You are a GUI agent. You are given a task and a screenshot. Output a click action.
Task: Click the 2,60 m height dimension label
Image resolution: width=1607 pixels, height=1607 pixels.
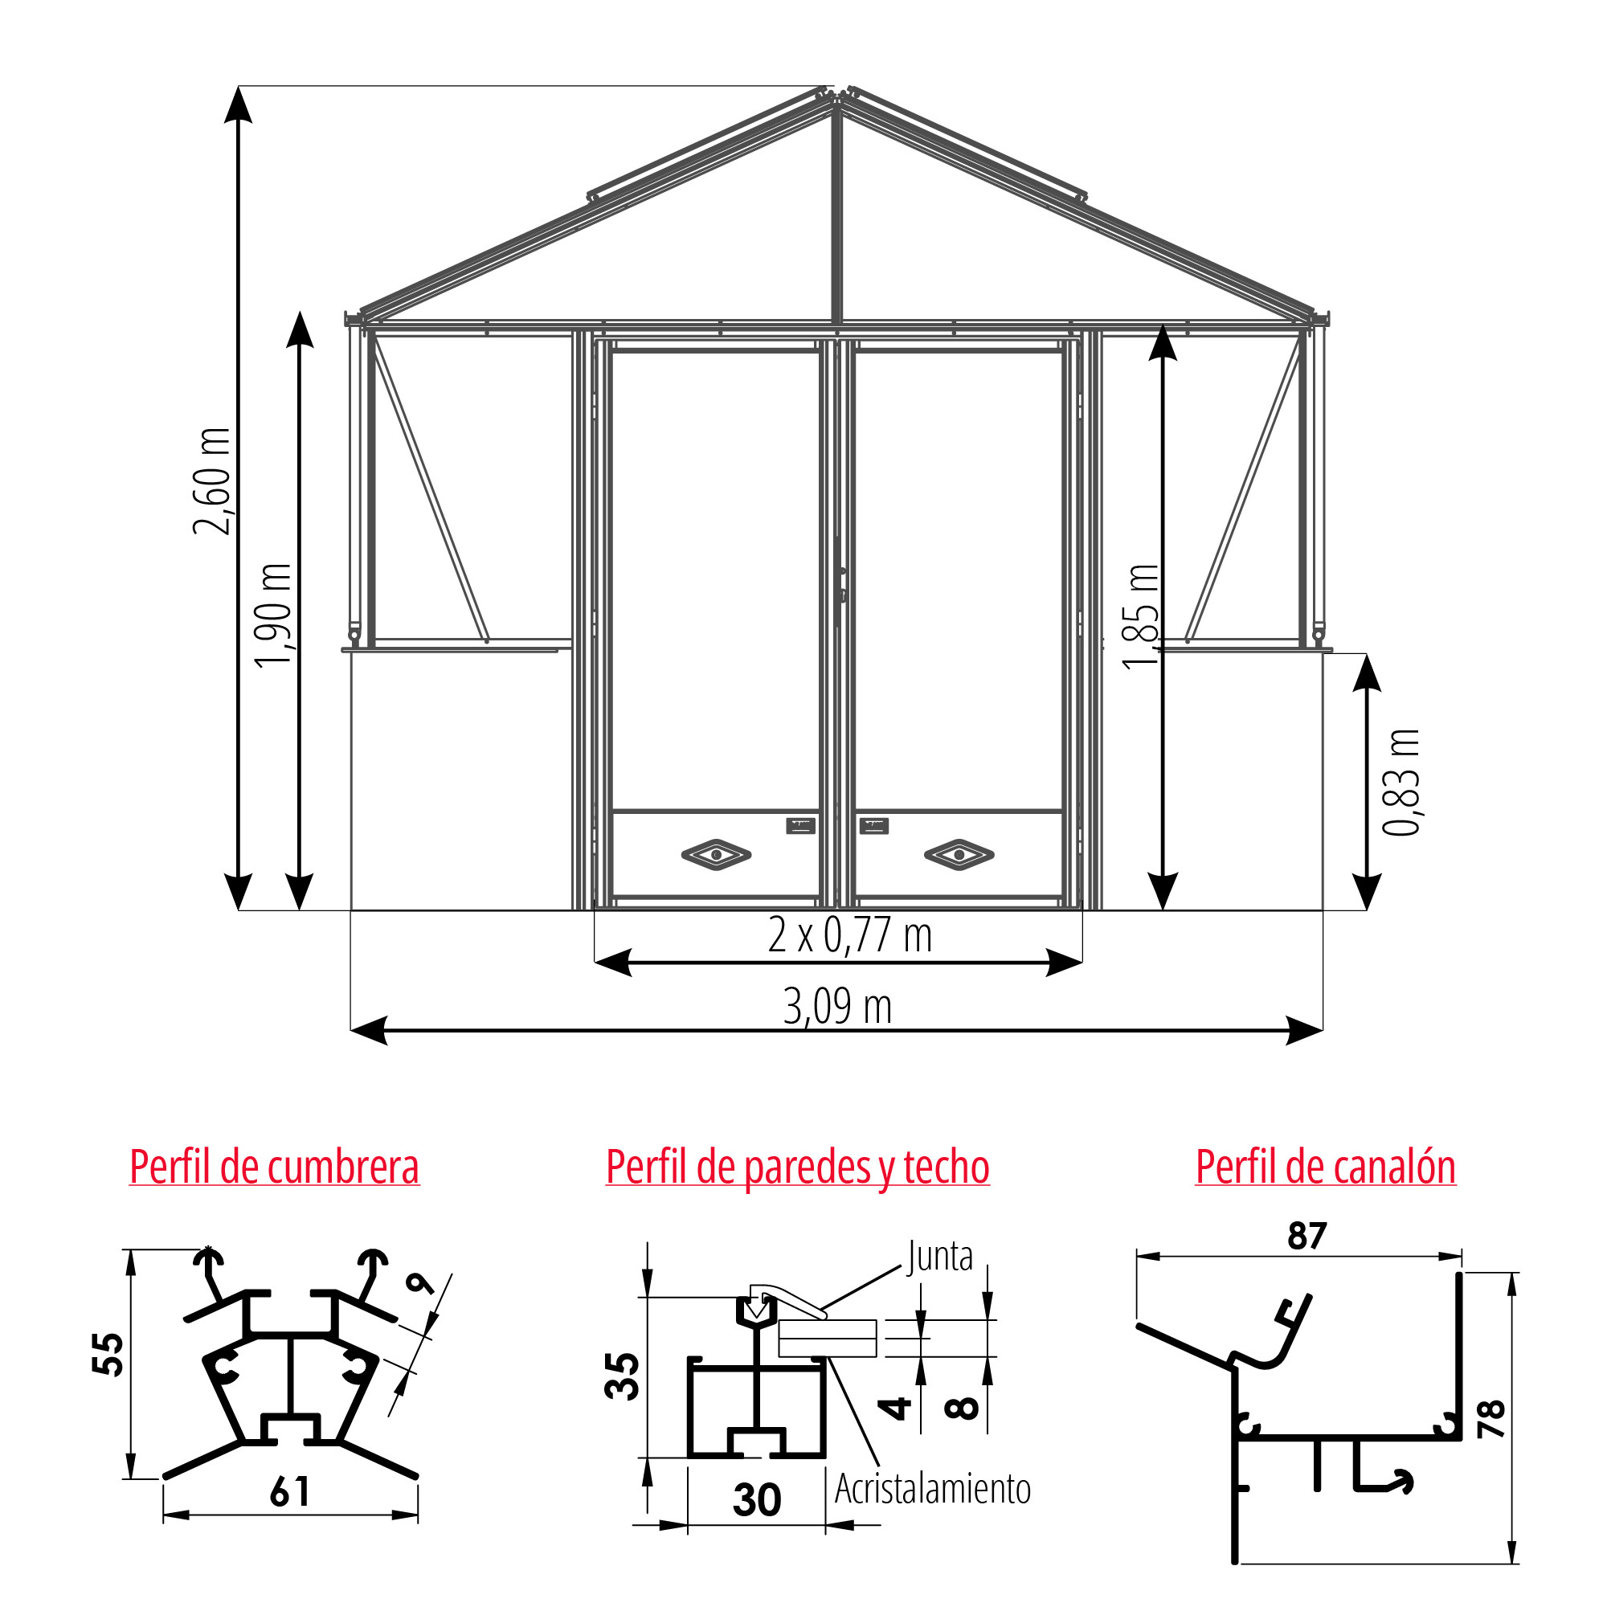pyautogui.click(x=212, y=480)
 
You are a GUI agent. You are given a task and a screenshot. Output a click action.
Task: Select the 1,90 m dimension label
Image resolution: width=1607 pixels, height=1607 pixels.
pyautogui.click(x=274, y=615)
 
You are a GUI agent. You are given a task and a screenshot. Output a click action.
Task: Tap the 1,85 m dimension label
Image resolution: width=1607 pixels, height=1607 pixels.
pyautogui.click(x=1139, y=616)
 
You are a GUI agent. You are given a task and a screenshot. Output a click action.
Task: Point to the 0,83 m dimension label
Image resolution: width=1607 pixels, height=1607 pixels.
pyautogui.click(x=1401, y=782)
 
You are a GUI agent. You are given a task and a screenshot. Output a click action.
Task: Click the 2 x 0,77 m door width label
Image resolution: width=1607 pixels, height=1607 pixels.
pyautogui.click(x=850, y=935)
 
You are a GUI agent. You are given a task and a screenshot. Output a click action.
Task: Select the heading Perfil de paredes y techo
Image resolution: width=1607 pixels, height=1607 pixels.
pyautogui.click(x=798, y=1167)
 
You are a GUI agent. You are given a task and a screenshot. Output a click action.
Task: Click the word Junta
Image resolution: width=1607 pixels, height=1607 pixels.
pyautogui.click(x=940, y=1256)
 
